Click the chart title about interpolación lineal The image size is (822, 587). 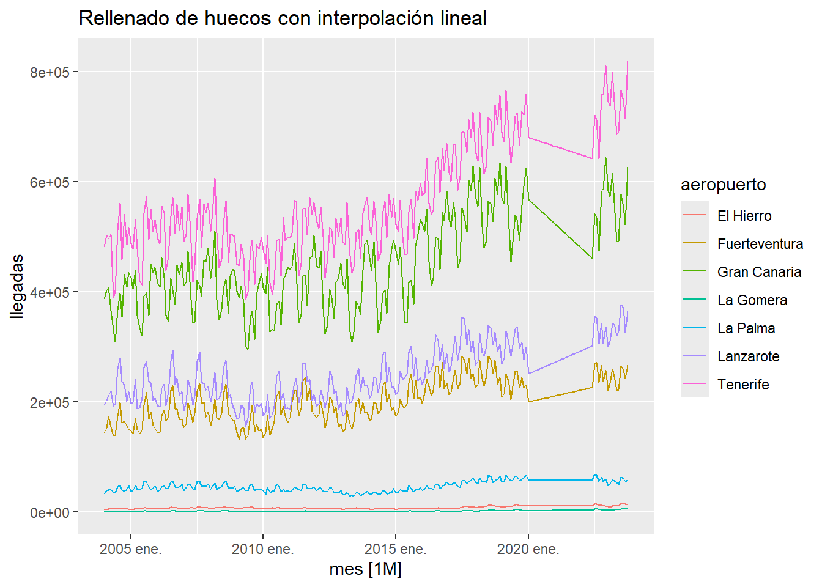pyautogui.click(x=283, y=18)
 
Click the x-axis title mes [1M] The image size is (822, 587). pyautogui.click(x=365, y=569)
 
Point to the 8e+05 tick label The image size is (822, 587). pyautogui.click(x=50, y=72)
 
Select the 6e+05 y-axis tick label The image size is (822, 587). pyautogui.click(x=50, y=182)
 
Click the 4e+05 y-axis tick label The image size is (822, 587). pyautogui.click(x=50, y=292)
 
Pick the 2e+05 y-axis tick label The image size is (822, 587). pyautogui.click(x=50, y=402)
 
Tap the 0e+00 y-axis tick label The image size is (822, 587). pyautogui.click(x=50, y=512)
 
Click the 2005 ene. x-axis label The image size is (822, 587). pyautogui.click(x=130, y=549)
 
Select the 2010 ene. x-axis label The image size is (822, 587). pyautogui.click(x=263, y=549)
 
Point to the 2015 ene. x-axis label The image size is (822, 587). pyautogui.click(x=396, y=549)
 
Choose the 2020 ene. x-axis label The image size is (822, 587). pyautogui.click(x=528, y=549)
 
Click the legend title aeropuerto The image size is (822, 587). pyautogui.click(x=724, y=185)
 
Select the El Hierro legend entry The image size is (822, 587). pyautogui.click(x=744, y=216)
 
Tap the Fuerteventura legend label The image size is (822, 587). pyautogui.click(x=760, y=244)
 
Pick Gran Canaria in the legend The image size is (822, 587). pyautogui.click(x=759, y=272)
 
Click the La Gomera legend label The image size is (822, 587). pyautogui.click(x=752, y=300)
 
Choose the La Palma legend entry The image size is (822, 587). pyautogui.click(x=746, y=328)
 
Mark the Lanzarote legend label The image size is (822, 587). pyautogui.click(x=749, y=356)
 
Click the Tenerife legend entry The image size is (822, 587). pyautogui.click(x=743, y=385)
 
